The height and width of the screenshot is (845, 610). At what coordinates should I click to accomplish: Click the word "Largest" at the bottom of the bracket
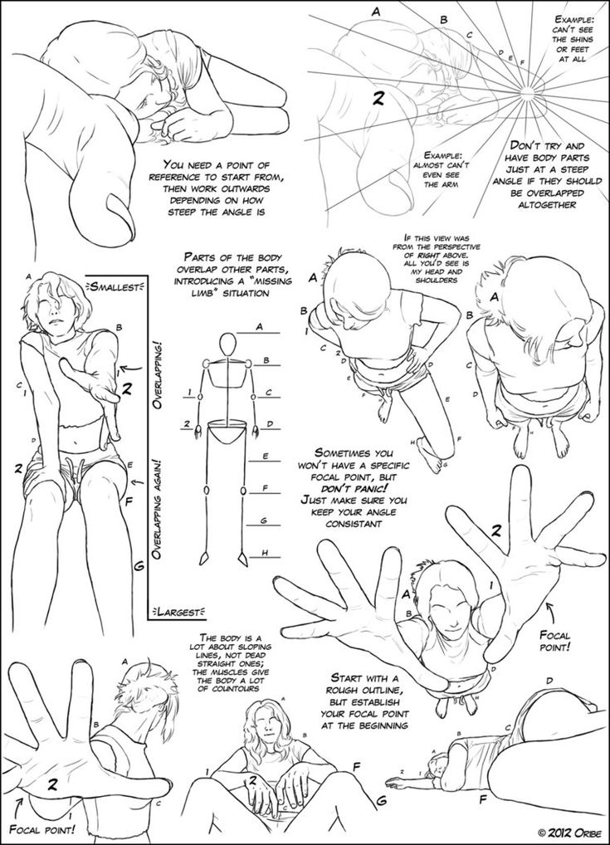(175, 613)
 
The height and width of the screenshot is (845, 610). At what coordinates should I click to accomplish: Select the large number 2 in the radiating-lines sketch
(377, 99)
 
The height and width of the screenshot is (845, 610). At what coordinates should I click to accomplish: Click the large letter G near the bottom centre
(381, 801)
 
